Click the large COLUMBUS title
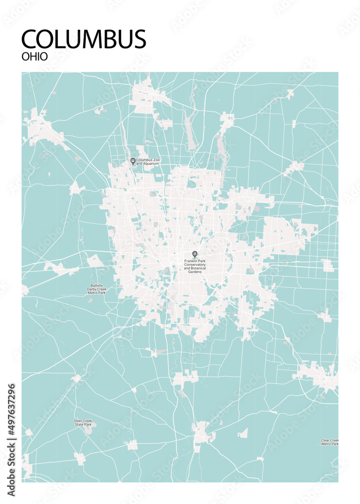pos(84,39)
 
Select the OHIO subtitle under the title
pos(35,56)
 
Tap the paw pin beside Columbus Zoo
pos(133,161)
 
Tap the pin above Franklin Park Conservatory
pos(195,254)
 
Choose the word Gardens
pos(194,273)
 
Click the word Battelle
pos(96,285)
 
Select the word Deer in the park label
pos(78,421)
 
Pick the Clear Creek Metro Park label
pos(329,442)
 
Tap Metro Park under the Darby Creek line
pos(96,292)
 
